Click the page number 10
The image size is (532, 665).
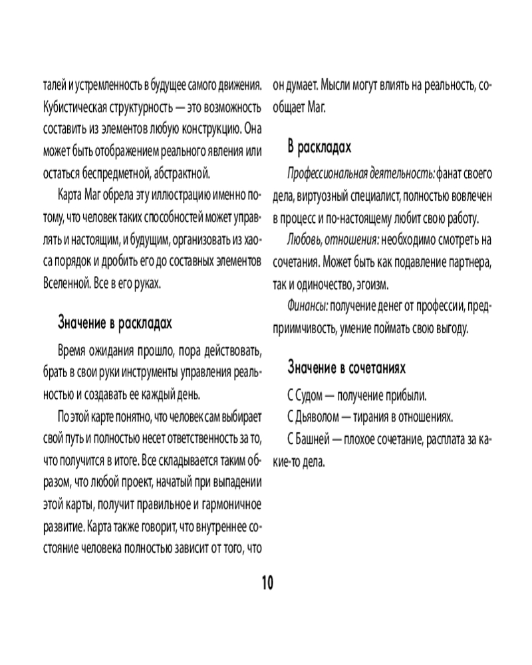(x=266, y=583)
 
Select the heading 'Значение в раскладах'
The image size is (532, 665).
(x=115, y=323)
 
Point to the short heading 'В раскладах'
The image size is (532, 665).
(x=319, y=146)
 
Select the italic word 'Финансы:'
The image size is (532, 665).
(x=308, y=305)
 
